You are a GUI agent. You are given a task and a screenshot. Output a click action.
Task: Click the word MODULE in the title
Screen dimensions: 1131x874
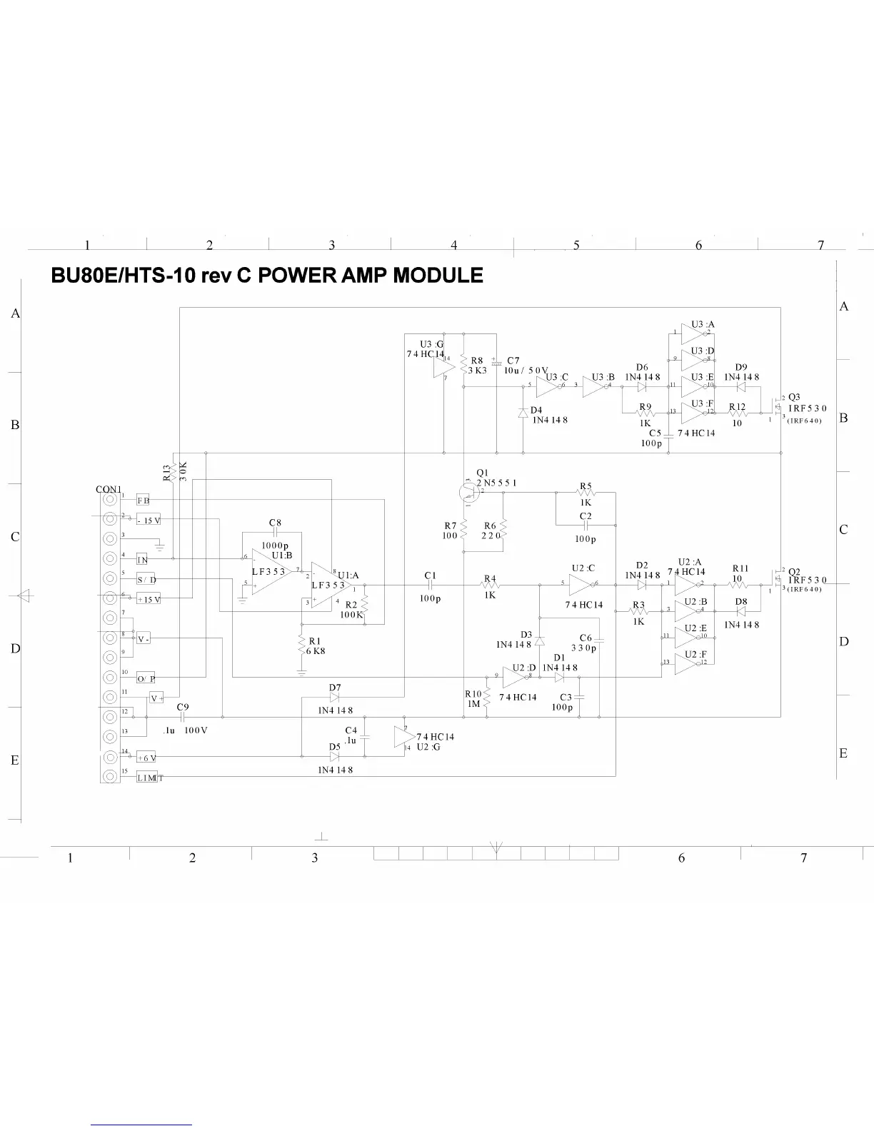pyautogui.click(x=438, y=276)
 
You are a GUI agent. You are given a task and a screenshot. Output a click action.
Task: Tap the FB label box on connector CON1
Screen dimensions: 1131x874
pyautogui.click(x=143, y=501)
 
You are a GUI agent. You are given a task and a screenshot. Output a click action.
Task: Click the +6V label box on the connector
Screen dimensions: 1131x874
pyautogui.click(x=146, y=758)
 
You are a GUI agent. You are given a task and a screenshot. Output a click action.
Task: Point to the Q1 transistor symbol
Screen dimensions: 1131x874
pyautogui.click(x=468, y=491)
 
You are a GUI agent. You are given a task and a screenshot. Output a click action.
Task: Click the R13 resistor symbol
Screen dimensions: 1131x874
pyautogui.click(x=174, y=473)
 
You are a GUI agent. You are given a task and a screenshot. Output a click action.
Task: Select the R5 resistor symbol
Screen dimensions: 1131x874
pyautogui.click(x=586, y=493)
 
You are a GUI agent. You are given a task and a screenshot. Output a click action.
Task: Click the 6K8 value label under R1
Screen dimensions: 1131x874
pyautogui.click(x=316, y=651)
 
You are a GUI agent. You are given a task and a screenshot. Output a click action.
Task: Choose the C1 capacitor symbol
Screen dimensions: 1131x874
pyautogui.click(x=430, y=585)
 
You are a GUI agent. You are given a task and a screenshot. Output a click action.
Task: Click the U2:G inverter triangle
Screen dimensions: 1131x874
pyautogui.click(x=403, y=737)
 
